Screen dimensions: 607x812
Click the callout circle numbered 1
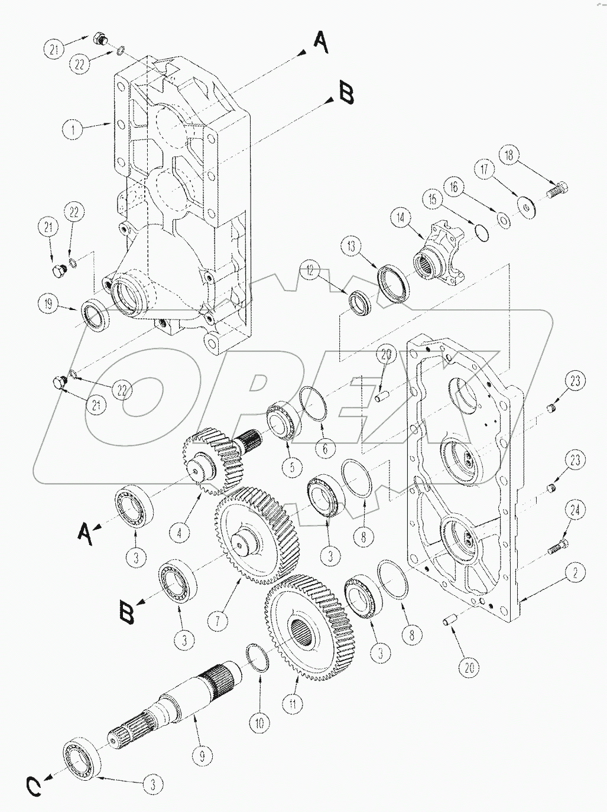click(x=73, y=129)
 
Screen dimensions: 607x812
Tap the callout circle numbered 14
click(x=401, y=218)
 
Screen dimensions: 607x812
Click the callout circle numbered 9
click(x=203, y=755)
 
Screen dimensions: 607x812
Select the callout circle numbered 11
click(x=293, y=705)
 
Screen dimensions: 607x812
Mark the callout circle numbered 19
click(x=51, y=305)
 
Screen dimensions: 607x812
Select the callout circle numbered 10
click(x=261, y=722)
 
